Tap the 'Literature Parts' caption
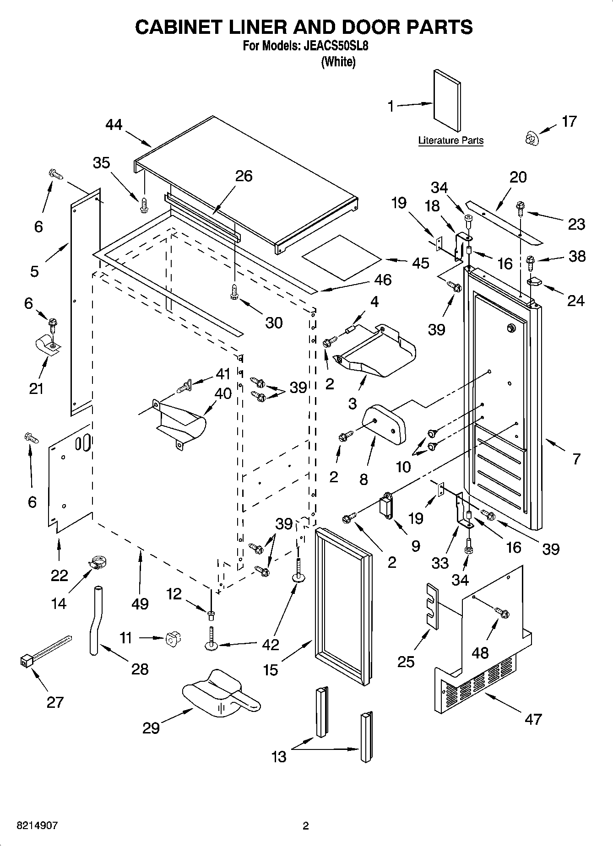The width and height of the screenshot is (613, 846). point(450,140)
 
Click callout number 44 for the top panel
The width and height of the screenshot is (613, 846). point(114,124)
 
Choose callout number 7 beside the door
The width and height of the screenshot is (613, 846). point(576,458)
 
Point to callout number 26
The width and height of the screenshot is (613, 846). point(244,176)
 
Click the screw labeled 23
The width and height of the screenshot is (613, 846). point(521,209)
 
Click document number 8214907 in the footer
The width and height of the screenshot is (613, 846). point(37,826)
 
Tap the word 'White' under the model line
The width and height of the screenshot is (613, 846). point(338,62)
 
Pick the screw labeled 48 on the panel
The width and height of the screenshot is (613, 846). point(503,613)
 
